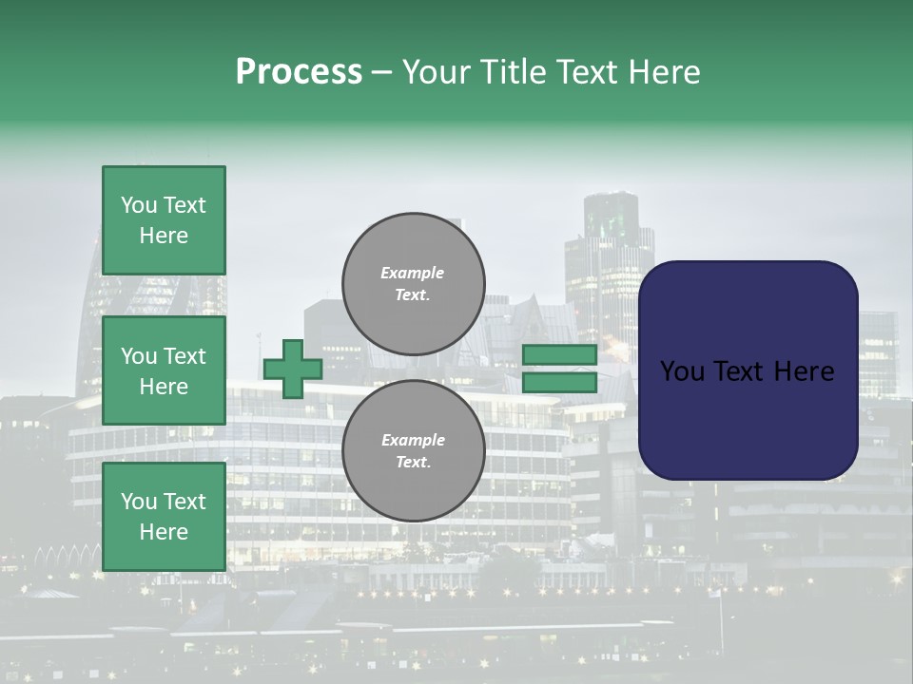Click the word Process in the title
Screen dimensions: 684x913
(x=299, y=72)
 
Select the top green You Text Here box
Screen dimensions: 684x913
(x=164, y=220)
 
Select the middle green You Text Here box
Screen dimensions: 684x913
(x=164, y=370)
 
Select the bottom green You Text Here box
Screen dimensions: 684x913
(x=164, y=517)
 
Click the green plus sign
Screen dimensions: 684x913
(x=293, y=369)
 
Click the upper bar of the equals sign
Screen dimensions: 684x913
(x=560, y=355)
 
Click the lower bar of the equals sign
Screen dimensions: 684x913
(x=560, y=383)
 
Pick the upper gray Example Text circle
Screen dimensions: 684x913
(x=413, y=284)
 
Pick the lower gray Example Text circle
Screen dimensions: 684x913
(x=413, y=451)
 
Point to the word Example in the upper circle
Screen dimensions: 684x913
(x=413, y=273)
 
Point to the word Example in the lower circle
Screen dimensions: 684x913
(x=413, y=440)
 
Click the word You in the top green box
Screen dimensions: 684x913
(x=138, y=205)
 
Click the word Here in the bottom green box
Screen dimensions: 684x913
(x=164, y=532)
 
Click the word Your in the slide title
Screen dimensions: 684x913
(x=438, y=72)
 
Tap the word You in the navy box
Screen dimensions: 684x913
(x=682, y=371)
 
